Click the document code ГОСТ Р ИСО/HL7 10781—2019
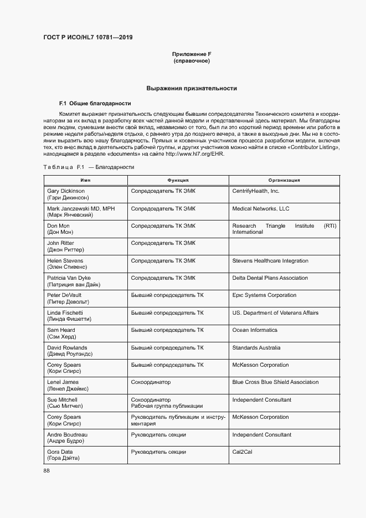(88, 38)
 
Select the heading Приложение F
(192, 54)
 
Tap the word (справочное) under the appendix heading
(192, 60)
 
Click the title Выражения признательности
(192, 88)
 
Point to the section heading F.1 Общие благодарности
(95, 104)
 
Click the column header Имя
(85, 180)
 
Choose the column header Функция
(178, 180)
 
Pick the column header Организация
(284, 180)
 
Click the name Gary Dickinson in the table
(66, 191)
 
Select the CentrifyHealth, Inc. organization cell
(256, 191)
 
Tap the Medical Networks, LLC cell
(260, 209)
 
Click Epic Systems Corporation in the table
(264, 295)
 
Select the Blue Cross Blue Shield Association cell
(275, 382)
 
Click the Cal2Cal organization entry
(243, 452)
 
